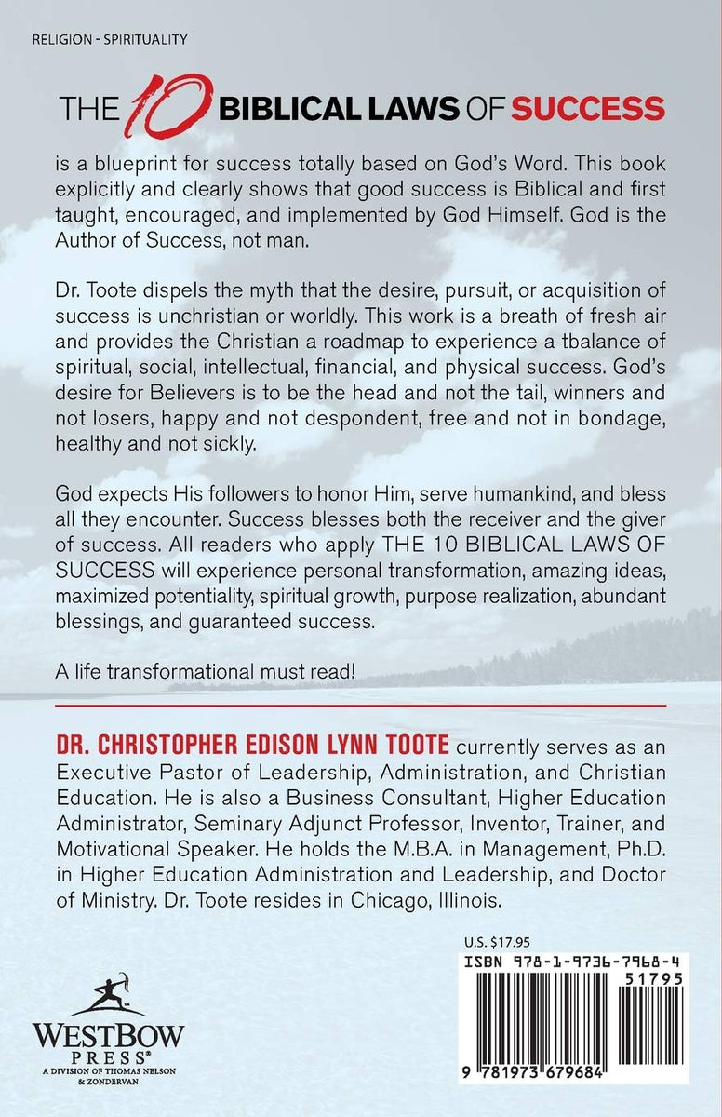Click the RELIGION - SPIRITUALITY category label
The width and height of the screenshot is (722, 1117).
pos(110,39)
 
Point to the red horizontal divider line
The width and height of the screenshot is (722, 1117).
pos(361,707)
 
